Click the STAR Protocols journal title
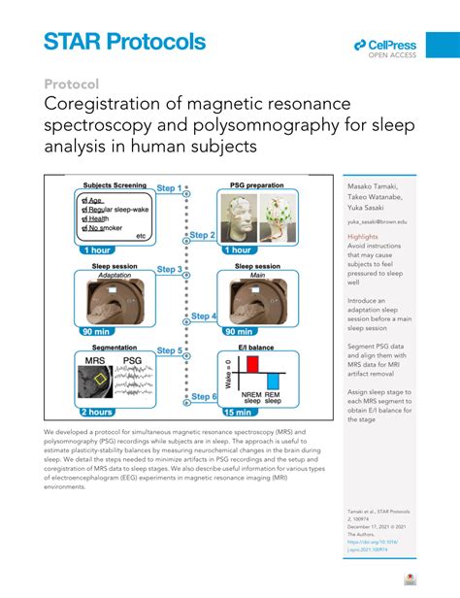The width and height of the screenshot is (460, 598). click(x=124, y=42)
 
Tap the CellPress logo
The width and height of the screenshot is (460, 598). click(x=384, y=47)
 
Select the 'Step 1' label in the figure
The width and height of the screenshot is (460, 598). click(x=170, y=188)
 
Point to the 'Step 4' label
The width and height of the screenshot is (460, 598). click(x=201, y=316)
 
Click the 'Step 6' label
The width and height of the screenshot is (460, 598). click(x=201, y=397)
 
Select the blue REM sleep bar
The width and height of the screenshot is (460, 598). click(x=274, y=381)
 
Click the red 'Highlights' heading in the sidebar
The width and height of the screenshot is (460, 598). click(x=363, y=237)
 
